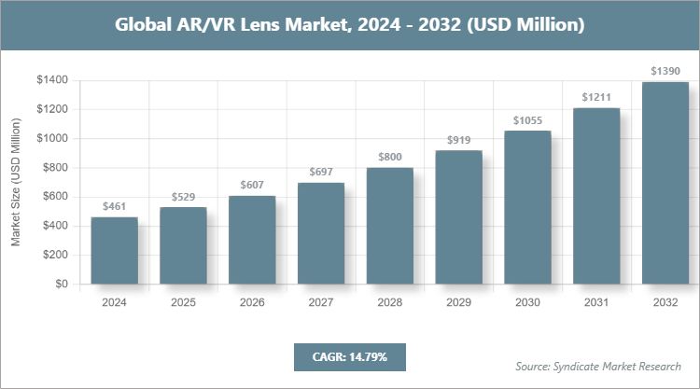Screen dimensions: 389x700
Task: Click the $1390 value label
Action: [665, 72]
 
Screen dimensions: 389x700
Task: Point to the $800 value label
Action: [390, 158]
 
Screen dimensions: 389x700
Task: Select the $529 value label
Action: [183, 197]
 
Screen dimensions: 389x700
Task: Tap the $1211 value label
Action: [596, 98]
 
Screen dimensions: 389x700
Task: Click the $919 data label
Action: [458, 140]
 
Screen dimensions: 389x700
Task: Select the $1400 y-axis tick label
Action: [51, 80]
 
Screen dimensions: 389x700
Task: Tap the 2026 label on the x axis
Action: [252, 302]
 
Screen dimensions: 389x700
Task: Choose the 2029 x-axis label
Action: [458, 302]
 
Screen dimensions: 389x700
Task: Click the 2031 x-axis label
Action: [596, 302]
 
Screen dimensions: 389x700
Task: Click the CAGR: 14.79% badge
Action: [349, 356]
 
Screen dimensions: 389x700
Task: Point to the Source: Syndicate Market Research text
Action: [597, 366]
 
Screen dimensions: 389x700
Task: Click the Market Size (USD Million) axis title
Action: [16, 182]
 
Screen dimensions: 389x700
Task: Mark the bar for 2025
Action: [183, 245]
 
